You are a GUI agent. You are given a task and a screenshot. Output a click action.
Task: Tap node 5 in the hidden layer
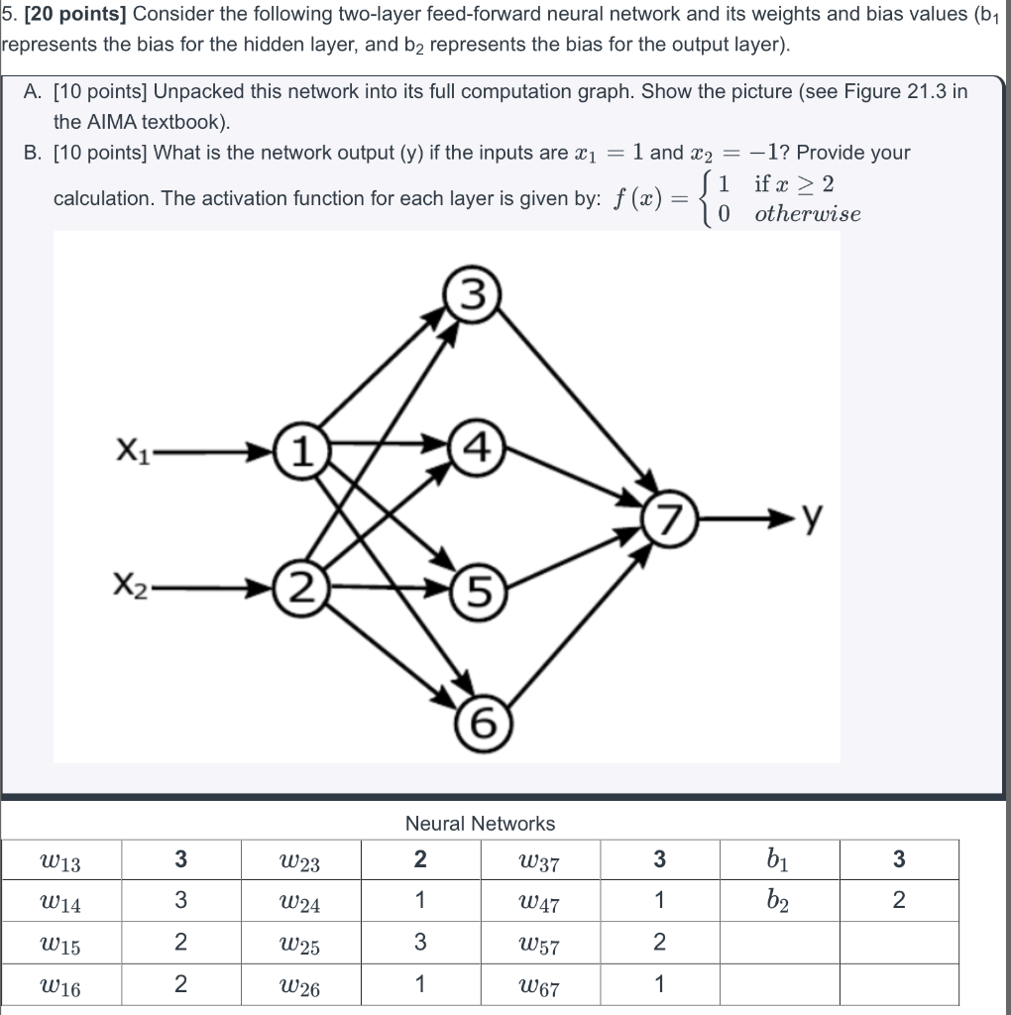[475, 594]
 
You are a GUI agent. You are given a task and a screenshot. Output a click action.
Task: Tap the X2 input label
[132, 590]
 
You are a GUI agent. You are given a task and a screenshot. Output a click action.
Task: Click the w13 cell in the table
[62, 861]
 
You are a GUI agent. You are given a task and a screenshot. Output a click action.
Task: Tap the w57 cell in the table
[540, 946]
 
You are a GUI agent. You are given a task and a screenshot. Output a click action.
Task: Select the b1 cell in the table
[779, 859]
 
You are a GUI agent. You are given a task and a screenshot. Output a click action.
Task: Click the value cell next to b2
[898, 901]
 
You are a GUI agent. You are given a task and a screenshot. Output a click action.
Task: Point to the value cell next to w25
[420, 943]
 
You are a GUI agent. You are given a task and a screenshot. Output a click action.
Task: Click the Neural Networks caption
[480, 824]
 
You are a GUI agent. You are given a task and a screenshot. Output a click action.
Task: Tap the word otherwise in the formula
[807, 214]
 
